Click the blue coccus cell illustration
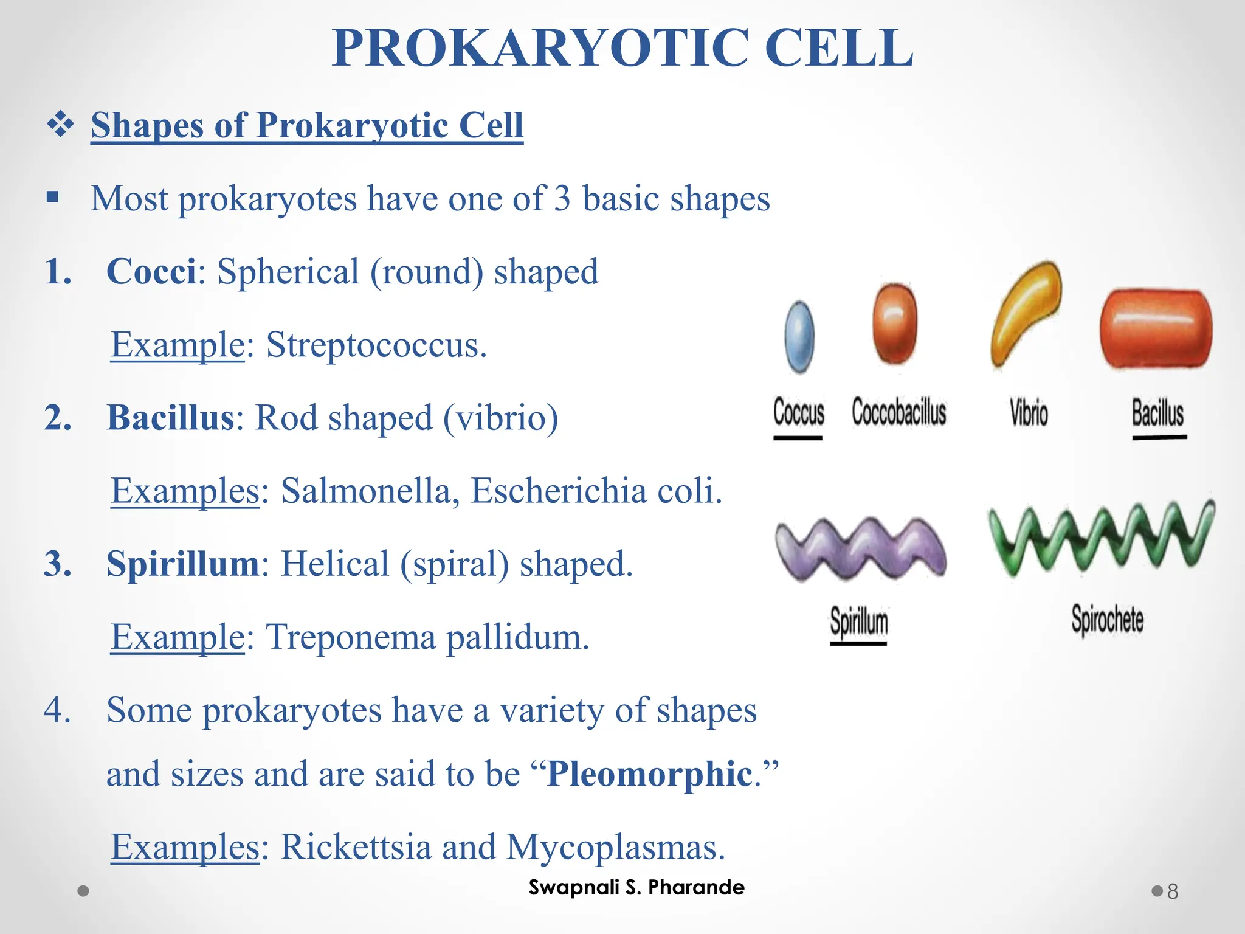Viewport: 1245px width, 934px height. [x=799, y=337]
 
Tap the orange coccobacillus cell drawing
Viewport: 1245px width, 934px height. [x=894, y=323]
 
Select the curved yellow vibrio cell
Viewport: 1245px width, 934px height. [x=1026, y=313]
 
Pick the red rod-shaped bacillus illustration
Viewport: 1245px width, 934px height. [x=1156, y=329]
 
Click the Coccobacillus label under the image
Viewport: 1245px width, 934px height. [x=898, y=413]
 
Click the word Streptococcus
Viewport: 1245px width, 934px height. [x=376, y=345]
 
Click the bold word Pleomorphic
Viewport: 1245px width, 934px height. [x=649, y=774]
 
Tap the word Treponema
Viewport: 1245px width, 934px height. [x=351, y=637]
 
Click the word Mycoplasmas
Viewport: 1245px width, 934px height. [x=615, y=847]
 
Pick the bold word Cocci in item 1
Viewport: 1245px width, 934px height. [x=151, y=271]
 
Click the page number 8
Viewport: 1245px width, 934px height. [x=1173, y=891]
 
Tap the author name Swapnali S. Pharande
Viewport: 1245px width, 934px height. [x=636, y=887]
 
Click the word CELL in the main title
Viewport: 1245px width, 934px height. [x=838, y=49]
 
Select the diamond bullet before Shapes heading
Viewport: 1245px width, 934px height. [x=60, y=125]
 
